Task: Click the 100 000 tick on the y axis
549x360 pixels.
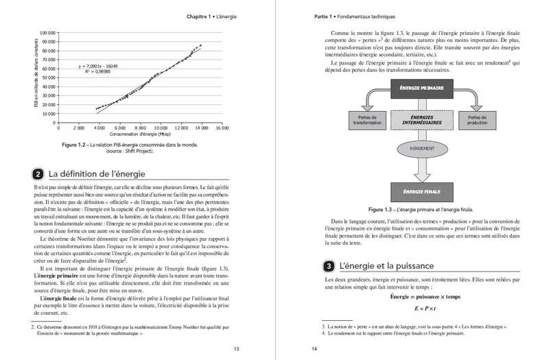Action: pos(47,32)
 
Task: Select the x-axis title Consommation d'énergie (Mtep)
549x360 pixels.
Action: pos(140,134)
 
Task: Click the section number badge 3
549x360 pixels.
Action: pos(329,265)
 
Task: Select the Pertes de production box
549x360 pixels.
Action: pos(478,119)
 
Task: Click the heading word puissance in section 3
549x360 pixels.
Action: pos(406,265)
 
